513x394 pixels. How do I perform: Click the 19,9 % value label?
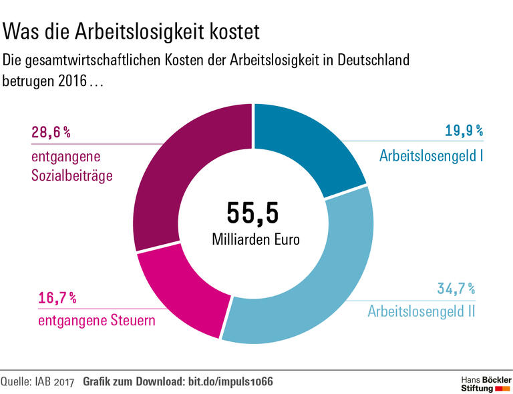(464, 131)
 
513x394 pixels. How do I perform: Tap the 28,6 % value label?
(51, 133)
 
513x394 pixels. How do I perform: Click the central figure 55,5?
(252, 212)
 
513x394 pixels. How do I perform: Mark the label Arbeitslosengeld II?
(421, 311)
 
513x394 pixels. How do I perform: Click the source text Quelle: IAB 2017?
(37, 381)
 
